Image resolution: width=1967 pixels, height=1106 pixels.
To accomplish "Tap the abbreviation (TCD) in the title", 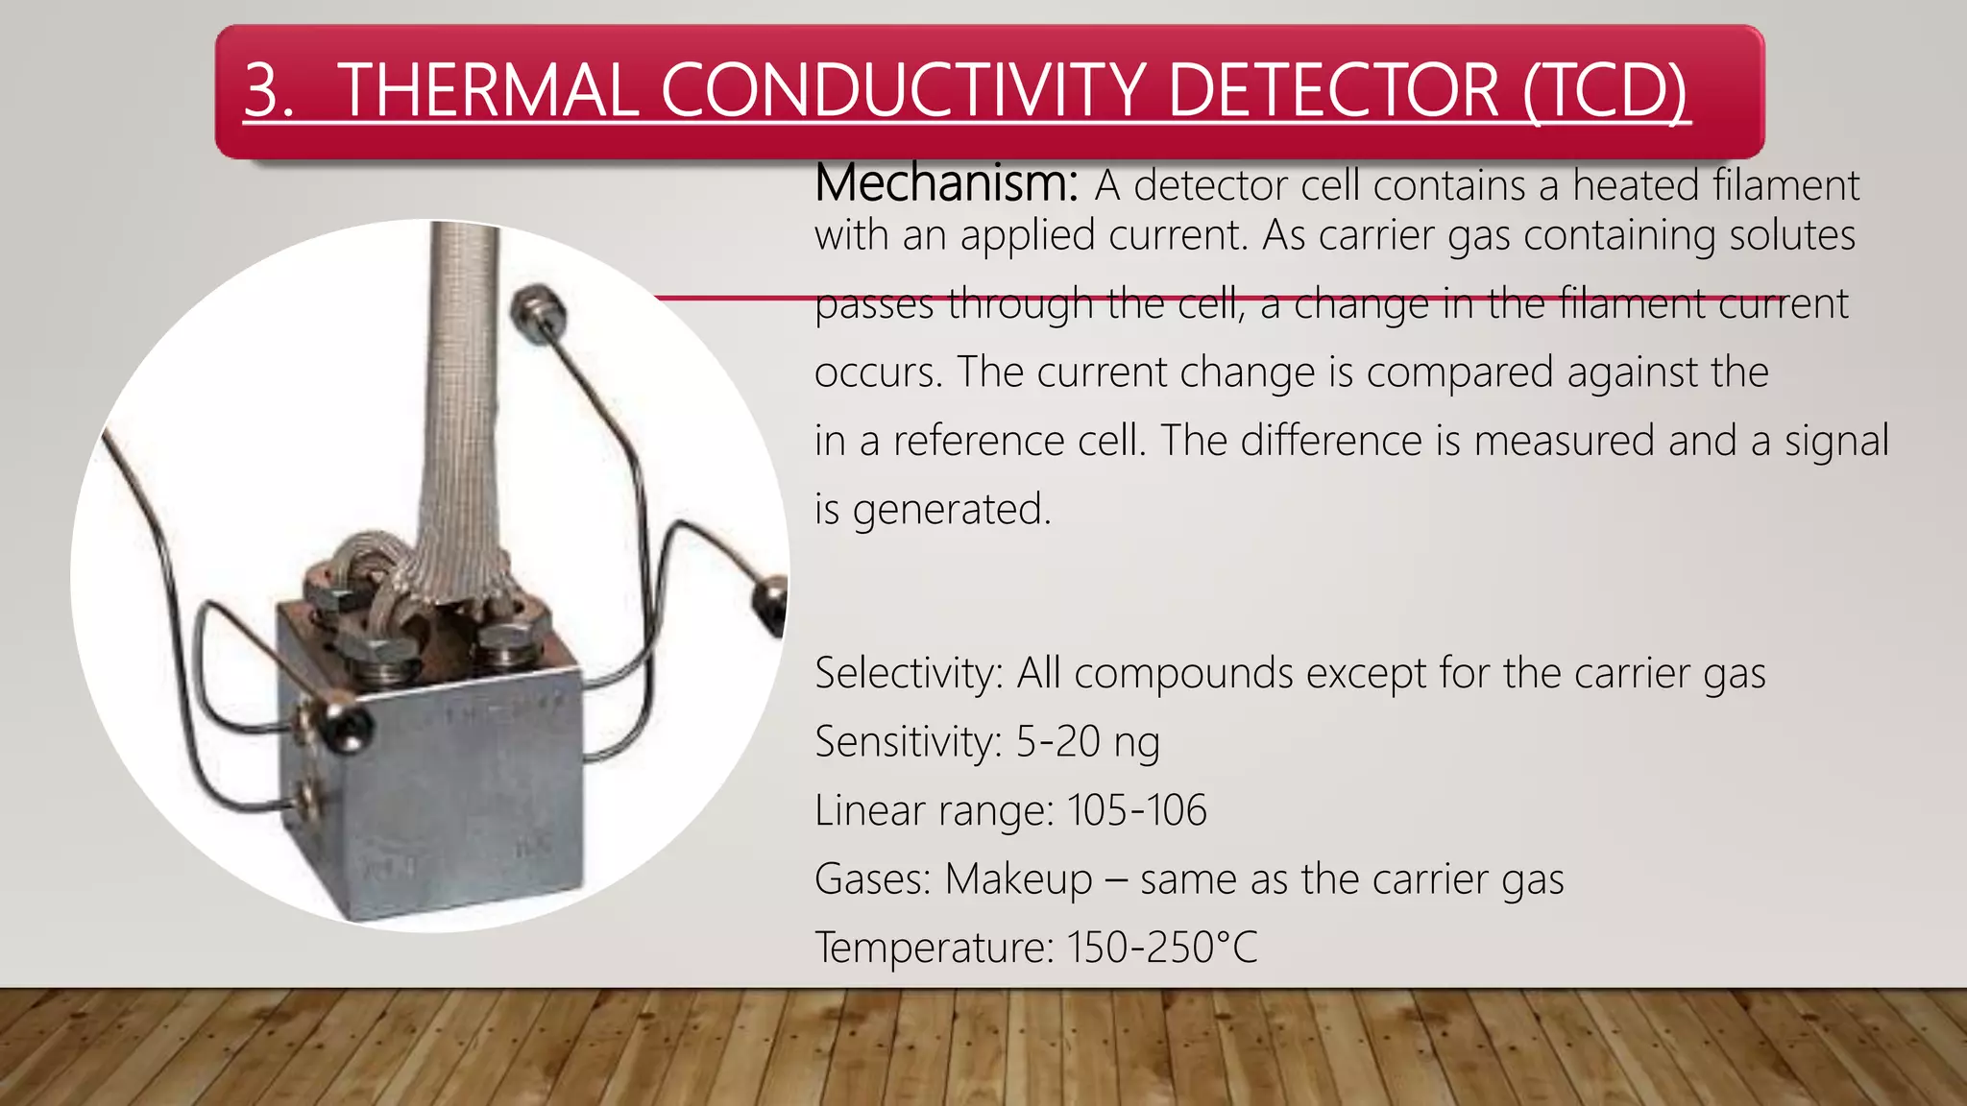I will tap(1605, 90).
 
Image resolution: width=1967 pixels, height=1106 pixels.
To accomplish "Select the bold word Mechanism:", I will tap(947, 183).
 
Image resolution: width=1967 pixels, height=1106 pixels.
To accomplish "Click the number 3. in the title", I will tap(269, 90).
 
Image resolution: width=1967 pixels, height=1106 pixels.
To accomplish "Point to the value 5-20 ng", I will tap(1087, 741).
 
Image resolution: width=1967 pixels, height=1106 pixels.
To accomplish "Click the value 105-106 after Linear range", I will tap(1136, 810).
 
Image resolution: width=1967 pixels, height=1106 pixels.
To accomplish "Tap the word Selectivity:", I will tap(909, 673).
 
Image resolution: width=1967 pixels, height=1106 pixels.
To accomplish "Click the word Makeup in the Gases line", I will tap(1018, 879).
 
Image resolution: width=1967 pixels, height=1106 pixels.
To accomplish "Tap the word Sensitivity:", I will tap(909, 741).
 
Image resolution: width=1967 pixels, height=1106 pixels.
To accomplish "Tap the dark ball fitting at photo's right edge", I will tap(771, 602).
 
